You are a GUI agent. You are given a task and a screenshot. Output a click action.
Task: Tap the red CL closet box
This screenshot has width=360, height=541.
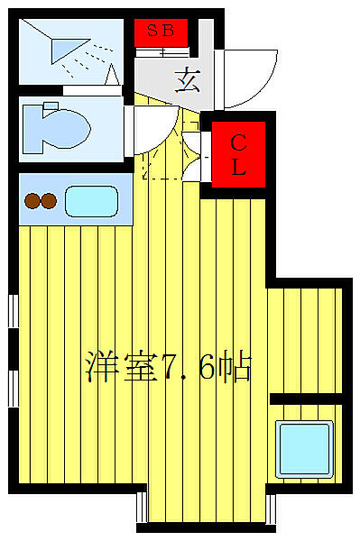(238, 155)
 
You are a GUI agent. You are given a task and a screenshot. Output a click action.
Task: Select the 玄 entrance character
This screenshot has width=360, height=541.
(188, 82)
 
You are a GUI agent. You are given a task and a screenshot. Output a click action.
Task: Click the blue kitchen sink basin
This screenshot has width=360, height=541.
(91, 201)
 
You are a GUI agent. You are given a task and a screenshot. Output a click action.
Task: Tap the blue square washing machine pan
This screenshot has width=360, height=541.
(305, 445)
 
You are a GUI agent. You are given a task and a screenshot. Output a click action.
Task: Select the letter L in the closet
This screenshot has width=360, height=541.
(238, 167)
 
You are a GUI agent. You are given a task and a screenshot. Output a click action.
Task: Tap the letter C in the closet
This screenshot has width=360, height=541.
(238, 142)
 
